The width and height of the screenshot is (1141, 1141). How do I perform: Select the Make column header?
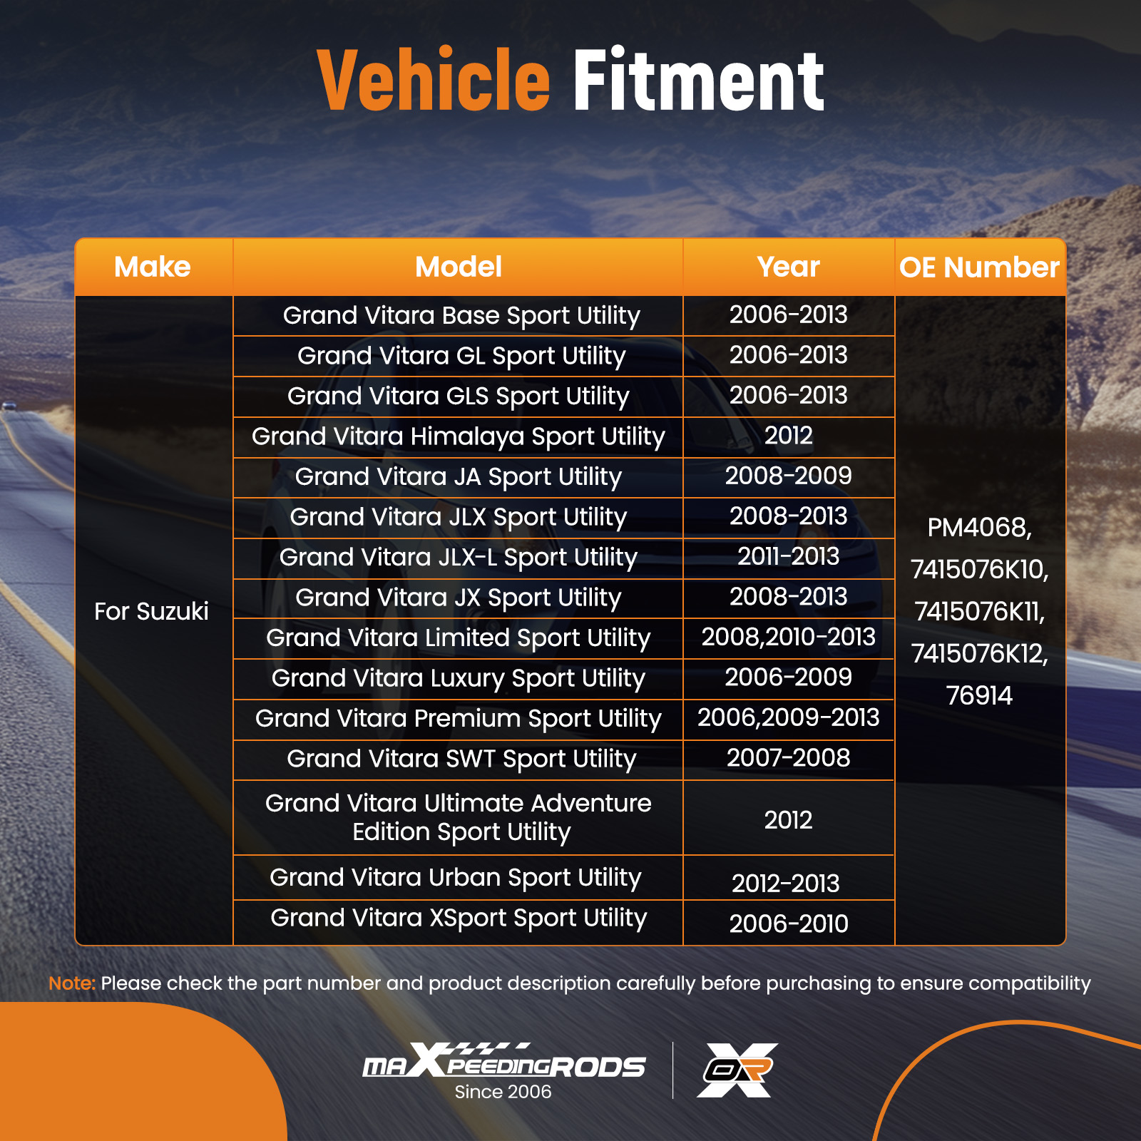153,267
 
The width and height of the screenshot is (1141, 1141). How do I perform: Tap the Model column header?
459,267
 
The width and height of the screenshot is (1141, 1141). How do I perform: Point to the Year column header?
789,267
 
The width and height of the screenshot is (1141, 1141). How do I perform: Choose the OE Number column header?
979,267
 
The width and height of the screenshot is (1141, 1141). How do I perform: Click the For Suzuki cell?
151,611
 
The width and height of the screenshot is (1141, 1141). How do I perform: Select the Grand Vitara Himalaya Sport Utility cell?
459,436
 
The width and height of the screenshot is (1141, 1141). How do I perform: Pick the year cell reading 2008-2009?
789,476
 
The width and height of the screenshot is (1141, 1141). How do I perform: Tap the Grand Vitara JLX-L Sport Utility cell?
459,558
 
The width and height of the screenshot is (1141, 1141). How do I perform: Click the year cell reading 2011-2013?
789,556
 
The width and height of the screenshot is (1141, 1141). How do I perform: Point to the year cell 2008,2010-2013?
789,637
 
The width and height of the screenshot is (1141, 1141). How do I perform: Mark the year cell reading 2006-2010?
789,923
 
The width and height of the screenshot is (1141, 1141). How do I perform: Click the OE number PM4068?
979,528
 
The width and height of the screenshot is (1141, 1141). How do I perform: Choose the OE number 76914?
979,695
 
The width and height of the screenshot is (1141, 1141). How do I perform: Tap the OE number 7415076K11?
979,612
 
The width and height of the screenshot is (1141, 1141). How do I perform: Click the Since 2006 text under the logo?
503,1092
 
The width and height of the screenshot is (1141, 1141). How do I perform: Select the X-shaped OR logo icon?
737,1070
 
